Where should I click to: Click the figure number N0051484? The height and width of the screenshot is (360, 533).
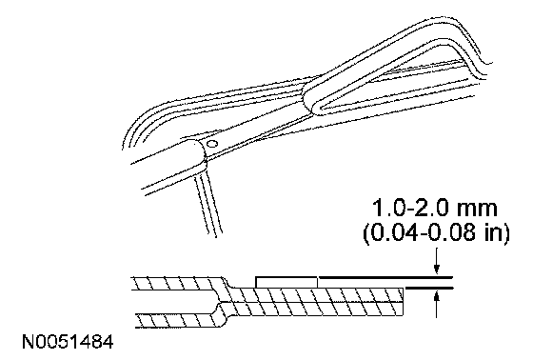point(68,342)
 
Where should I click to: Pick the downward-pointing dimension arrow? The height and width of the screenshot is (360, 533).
point(437,261)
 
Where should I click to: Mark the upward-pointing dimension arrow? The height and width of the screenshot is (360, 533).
point(437,305)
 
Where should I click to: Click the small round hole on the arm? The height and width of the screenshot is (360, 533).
point(213,144)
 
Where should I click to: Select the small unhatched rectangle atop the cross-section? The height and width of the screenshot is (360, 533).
point(286,282)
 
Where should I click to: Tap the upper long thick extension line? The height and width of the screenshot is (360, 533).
point(385,278)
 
